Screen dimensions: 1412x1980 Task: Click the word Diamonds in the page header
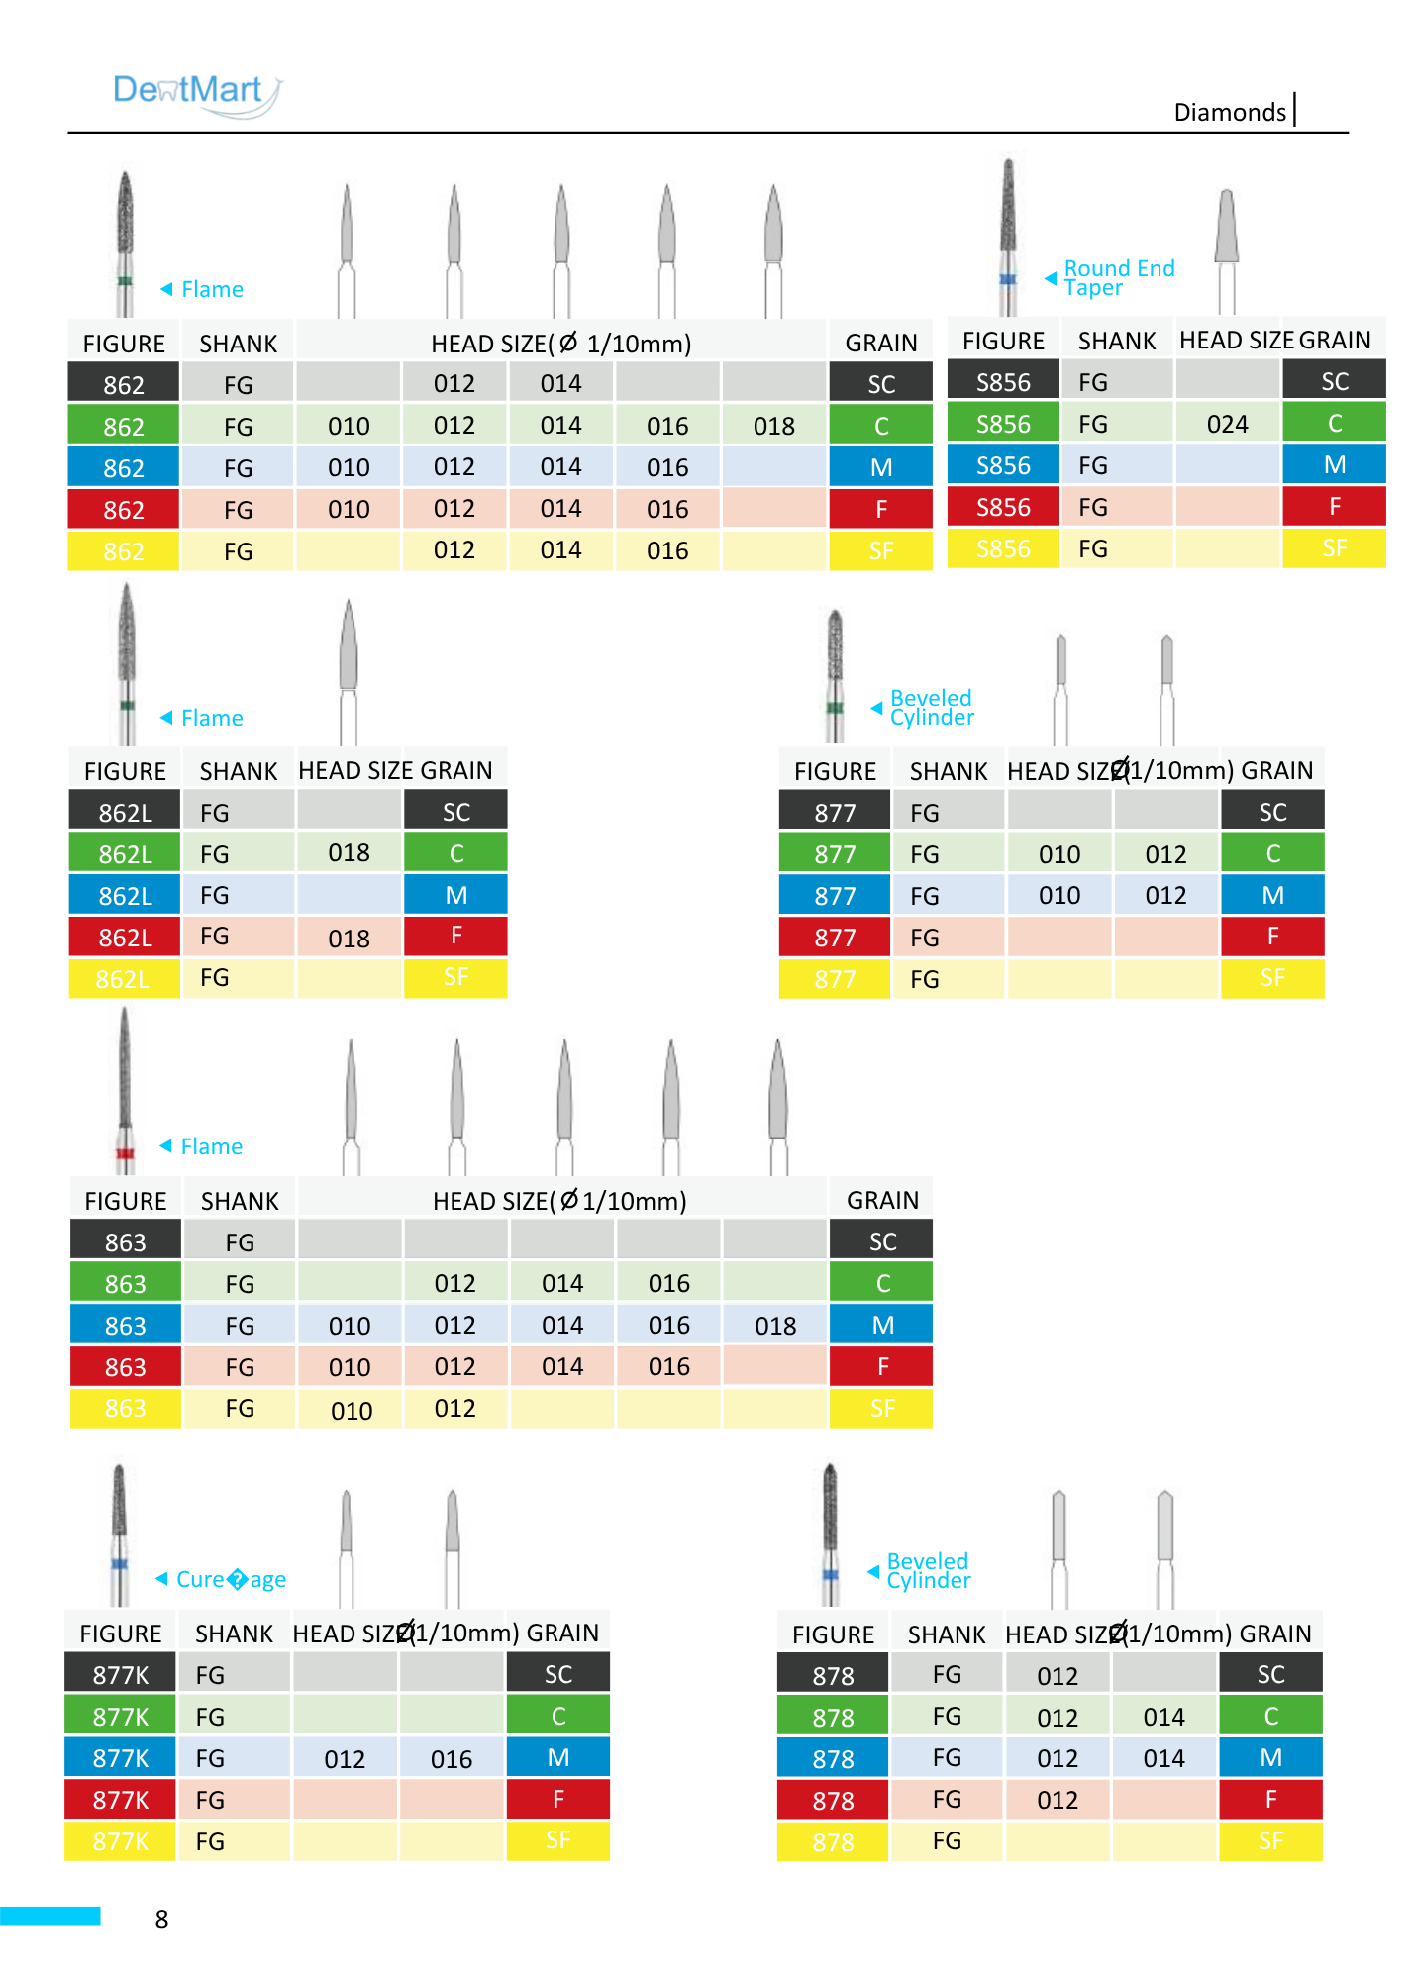click(x=1230, y=112)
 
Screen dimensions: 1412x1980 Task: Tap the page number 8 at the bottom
click(x=162, y=1919)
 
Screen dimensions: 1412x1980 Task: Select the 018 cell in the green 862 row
click(x=774, y=426)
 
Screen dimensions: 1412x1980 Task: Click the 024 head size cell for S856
click(x=1228, y=424)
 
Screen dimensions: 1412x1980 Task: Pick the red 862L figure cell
click(x=125, y=937)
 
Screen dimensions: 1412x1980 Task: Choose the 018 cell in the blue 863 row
click(x=775, y=1325)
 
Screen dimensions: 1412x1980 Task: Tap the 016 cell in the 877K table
click(x=452, y=1758)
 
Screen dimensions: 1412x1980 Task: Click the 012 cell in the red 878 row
click(x=1058, y=1800)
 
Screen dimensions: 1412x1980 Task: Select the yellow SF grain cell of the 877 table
click(x=1272, y=978)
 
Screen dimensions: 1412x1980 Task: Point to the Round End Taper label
click(x=1119, y=278)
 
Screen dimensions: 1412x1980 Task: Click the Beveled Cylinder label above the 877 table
click(x=932, y=708)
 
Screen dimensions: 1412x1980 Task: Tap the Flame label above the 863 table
click(x=212, y=1146)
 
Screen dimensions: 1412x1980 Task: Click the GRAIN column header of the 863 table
click(x=882, y=1200)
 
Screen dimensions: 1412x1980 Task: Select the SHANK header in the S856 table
click(x=1117, y=341)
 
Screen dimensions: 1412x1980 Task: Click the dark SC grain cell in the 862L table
click(x=455, y=812)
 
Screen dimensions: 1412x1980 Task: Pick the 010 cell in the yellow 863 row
click(x=352, y=1410)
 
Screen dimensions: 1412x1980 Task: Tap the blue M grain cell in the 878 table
click(x=1271, y=1758)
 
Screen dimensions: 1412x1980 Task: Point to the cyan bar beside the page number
click(x=50, y=1916)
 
